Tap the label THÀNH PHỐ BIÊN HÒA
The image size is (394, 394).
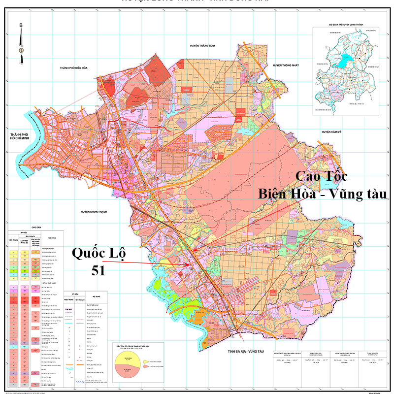click(76, 67)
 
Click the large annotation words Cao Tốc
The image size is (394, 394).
click(321, 177)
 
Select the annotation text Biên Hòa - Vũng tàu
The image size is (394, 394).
click(323, 194)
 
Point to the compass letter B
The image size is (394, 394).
click(21, 26)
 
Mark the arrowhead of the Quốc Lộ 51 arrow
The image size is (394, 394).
click(190, 264)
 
